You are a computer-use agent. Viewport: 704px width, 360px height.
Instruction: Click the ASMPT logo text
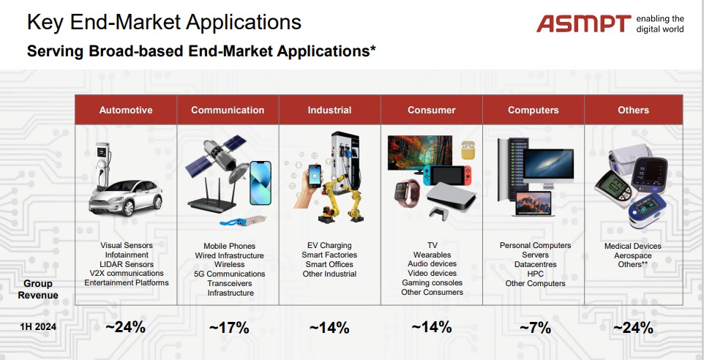(x=584, y=23)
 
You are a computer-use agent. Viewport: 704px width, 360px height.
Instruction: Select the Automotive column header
(x=126, y=110)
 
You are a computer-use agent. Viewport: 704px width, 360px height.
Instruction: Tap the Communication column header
(x=228, y=110)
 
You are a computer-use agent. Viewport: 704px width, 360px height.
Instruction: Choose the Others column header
(x=634, y=110)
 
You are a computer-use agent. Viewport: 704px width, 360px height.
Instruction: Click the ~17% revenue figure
(x=229, y=328)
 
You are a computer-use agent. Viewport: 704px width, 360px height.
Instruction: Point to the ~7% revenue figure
(x=535, y=328)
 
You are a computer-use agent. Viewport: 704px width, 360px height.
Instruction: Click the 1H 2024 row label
(x=38, y=327)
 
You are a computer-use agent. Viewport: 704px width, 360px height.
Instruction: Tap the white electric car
(x=125, y=197)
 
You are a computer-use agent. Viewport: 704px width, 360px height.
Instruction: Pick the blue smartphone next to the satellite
(x=261, y=183)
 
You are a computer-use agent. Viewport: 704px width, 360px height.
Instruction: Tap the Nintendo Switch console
(x=447, y=175)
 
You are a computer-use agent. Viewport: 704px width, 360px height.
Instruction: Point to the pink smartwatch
(x=407, y=192)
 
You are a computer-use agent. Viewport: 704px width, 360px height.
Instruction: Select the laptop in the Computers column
(x=533, y=204)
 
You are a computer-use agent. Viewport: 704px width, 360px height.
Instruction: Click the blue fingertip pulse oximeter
(x=647, y=211)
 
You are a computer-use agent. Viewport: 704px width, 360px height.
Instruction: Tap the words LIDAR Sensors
(x=127, y=264)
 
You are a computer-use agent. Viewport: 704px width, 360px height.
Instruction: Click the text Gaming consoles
(x=432, y=282)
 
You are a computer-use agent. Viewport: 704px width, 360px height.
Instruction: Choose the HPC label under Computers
(x=535, y=274)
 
